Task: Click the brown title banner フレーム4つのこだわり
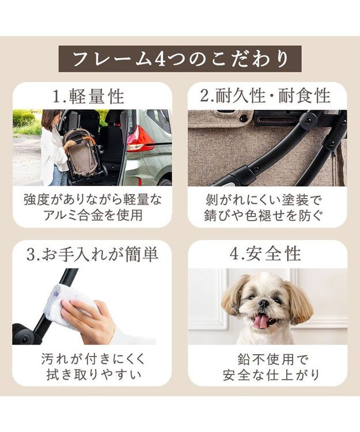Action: pos(180,59)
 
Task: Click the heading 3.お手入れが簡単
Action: pos(92,254)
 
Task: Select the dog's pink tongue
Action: pos(261,321)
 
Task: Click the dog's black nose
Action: pos(263,304)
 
